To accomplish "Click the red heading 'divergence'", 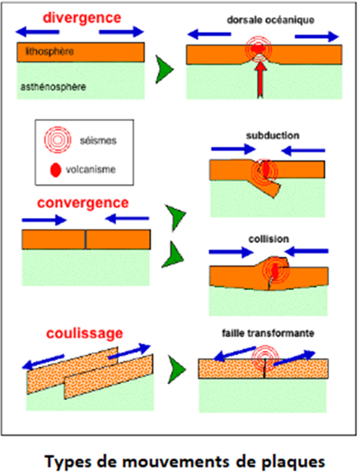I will click(x=82, y=17).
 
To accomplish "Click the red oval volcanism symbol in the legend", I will click(x=56, y=169).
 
